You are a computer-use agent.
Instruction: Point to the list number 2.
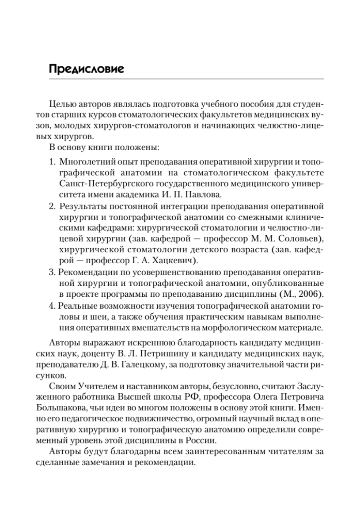coord(52,206)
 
